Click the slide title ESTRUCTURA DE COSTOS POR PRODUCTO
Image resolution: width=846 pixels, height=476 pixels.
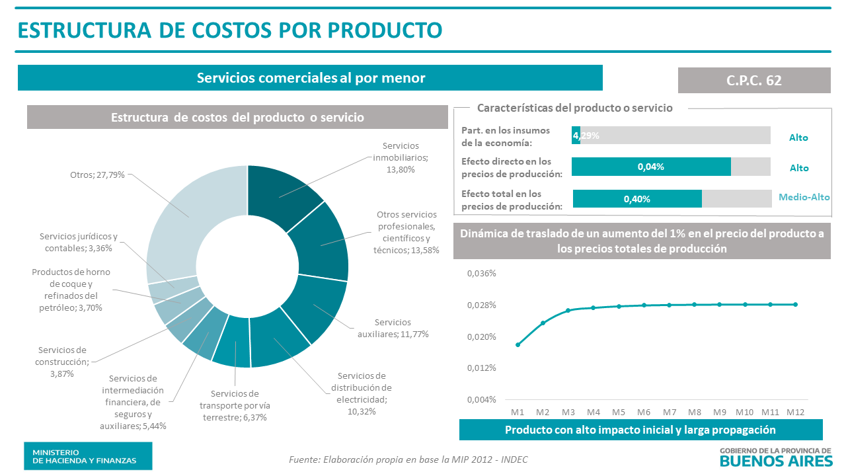pyautogui.click(x=229, y=30)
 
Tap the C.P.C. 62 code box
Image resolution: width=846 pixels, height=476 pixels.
pyautogui.click(x=753, y=80)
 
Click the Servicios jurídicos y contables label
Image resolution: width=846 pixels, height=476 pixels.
pyautogui.click(x=78, y=242)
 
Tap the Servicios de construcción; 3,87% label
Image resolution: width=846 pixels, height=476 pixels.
pyautogui.click(x=63, y=362)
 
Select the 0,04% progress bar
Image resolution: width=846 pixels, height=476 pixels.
pyautogui.click(x=651, y=167)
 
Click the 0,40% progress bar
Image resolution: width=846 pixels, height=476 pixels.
pyautogui.click(x=637, y=198)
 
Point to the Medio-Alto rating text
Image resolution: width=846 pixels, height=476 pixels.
pyautogui.click(x=804, y=197)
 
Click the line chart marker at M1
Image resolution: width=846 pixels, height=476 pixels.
pyautogui.click(x=518, y=344)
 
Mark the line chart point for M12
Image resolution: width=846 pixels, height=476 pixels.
pyautogui.click(x=795, y=304)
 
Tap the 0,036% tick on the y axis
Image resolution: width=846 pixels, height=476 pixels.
pyautogui.click(x=482, y=274)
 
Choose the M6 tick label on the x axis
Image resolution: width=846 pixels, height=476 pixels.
pyautogui.click(x=643, y=411)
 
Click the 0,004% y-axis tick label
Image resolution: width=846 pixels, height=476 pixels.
pyautogui.click(x=482, y=399)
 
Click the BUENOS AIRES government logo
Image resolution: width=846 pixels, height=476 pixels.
pyautogui.click(x=775, y=456)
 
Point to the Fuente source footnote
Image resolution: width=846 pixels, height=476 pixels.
pyautogui.click(x=408, y=459)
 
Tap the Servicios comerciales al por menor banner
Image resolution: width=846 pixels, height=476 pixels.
pyautogui.click(x=310, y=77)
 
